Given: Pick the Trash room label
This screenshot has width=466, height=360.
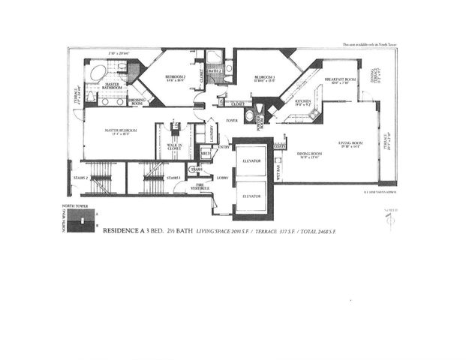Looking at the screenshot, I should [197, 169].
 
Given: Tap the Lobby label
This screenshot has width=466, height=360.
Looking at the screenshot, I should [223, 178].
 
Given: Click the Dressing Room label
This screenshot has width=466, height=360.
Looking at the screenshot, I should [137, 101].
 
